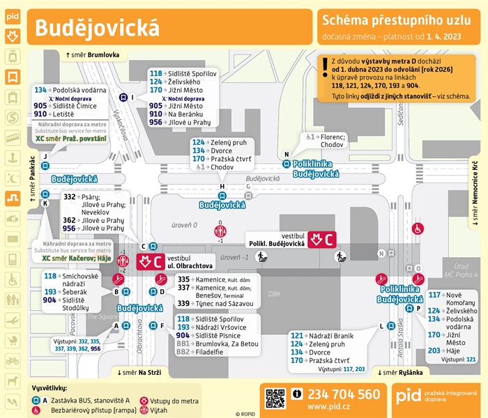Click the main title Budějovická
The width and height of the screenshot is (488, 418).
[97, 28]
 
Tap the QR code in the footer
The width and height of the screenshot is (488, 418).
[275, 398]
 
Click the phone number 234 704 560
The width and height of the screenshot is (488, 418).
[344, 394]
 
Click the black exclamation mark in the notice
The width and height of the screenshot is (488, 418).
[325, 68]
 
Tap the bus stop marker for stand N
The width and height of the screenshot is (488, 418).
[286, 164]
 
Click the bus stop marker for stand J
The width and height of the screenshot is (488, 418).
[45, 166]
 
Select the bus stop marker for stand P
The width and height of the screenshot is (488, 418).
[409, 308]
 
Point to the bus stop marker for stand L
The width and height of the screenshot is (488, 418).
[391, 325]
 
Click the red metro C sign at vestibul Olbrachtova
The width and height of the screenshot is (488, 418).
[149, 261]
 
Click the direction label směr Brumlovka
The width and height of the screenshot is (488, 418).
[93, 54]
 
